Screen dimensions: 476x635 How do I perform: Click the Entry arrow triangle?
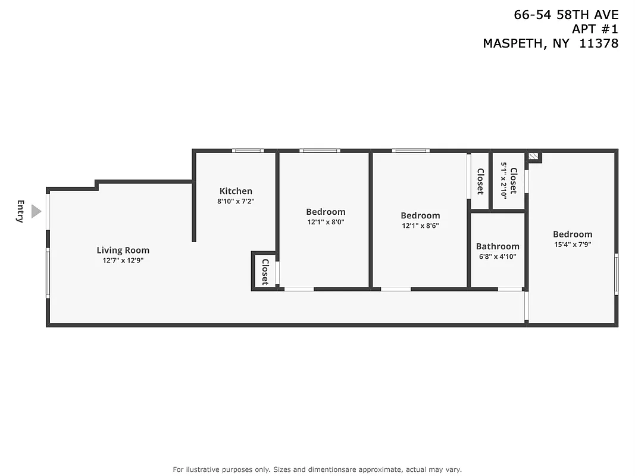pyautogui.click(x=36, y=211)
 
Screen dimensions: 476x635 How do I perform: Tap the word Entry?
pyautogui.click(x=20, y=211)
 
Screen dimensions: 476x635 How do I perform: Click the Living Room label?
pyautogui.click(x=123, y=250)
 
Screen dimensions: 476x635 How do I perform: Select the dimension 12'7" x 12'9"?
pyautogui.click(x=123, y=261)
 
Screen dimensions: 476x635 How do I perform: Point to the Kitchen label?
pyautogui.click(x=236, y=191)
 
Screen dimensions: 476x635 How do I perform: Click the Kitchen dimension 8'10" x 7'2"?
pyautogui.click(x=236, y=201)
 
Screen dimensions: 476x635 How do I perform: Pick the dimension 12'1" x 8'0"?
pyautogui.click(x=326, y=222)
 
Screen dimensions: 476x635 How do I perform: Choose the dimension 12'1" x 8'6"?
pyautogui.click(x=420, y=226)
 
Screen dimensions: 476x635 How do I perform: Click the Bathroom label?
pyautogui.click(x=498, y=246)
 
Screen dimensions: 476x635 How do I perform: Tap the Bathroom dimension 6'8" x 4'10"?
pyautogui.click(x=498, y=256)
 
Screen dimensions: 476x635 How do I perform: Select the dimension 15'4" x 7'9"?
pyautogui.click(x=573, y=244)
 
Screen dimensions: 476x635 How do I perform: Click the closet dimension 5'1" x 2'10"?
pyautogui.click(x=503, y=181)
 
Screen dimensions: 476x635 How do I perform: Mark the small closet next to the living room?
pyautogui.click(x=265, y=272)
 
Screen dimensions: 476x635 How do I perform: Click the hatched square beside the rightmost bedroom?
pyautogui.click(x=534, y=157)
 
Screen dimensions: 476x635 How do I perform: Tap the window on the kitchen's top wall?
pyautogui.click(x=248, y=151)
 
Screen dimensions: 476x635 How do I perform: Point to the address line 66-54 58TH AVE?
pyautogui.click(x=566, y=15)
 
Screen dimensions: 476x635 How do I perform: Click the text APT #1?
pyautogui.click(x=595, y=29)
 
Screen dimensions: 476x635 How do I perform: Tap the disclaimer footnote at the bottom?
pyautogui.click(x=317, y=469)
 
